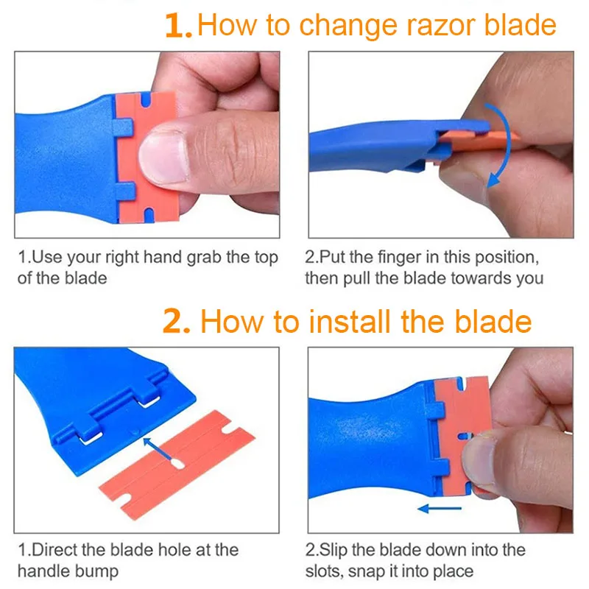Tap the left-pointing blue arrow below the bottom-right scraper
[x=439, y=509]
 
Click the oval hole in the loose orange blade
[x=177, y=465]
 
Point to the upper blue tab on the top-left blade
[x=123, y=127]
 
